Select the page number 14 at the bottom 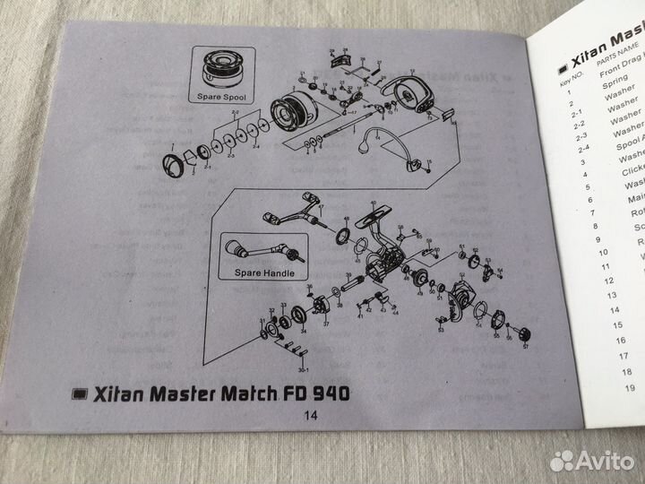click(311, 415)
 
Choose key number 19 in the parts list click(629, 387)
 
